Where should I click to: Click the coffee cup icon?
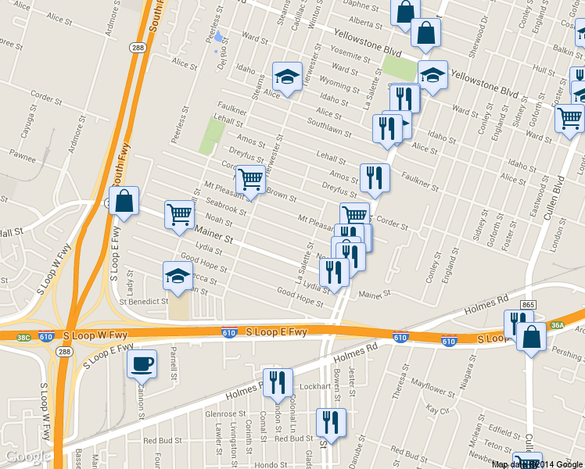(x=142, y=363)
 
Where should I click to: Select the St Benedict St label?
(x=144, y=301)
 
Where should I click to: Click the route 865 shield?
(x=528, y=305)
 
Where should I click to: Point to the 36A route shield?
(x=557, y=326)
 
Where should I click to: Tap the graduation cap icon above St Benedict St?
(x=178, y=276)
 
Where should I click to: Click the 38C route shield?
(x=23, y=337)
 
